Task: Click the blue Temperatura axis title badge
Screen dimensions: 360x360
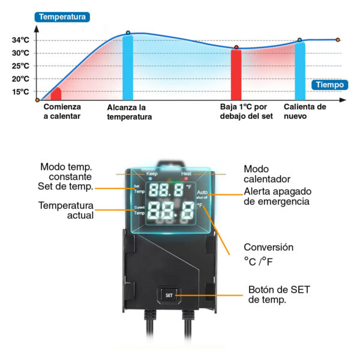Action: point(62,17)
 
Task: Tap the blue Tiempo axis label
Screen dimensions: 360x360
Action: point(329,85)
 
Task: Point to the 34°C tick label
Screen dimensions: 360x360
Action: point(20,40)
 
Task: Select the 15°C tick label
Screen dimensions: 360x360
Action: point(20,92)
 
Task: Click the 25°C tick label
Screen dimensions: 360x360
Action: point(20,66)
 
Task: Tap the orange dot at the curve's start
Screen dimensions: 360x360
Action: point(37,100)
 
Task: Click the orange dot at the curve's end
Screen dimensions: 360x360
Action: point(338,40)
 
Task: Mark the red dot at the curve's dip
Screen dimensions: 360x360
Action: point(236,47)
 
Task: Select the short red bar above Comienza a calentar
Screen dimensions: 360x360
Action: point(56,94)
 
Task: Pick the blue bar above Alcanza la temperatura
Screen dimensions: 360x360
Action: point(128,67)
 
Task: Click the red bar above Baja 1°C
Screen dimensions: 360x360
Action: point(236,75)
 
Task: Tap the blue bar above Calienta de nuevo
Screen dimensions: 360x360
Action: point(300,71)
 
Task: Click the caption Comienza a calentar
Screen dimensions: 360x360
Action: point(62,112)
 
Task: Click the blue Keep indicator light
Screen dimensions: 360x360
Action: point(150,178)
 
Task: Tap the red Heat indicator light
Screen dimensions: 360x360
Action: point(186,178)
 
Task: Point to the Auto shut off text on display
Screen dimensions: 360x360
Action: point(202,194)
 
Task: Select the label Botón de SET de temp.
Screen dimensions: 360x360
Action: point(279,295)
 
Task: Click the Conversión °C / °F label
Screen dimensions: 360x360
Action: point(269,254)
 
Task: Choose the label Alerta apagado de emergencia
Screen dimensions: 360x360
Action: point(278,196)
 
